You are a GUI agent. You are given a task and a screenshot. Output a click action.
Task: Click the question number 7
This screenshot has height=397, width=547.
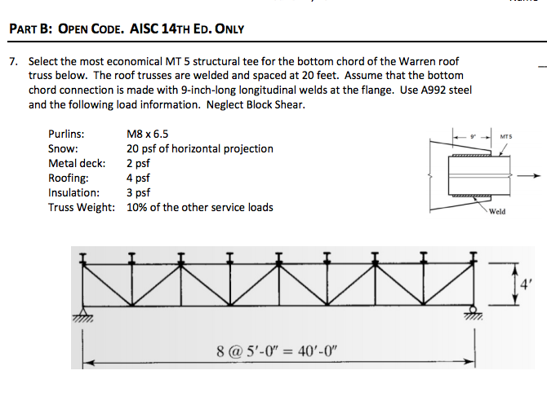pos(12,61)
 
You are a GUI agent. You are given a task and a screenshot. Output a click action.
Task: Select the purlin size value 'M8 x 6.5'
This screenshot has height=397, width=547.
pos(149,134)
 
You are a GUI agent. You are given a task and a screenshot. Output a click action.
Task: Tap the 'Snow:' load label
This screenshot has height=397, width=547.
pos(63,148)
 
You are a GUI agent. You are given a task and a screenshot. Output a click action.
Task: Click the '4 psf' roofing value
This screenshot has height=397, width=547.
pos(138,178)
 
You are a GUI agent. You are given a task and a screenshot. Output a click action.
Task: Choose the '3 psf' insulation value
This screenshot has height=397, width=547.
pos(138,192)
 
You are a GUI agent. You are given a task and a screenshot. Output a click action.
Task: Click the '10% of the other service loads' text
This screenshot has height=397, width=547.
pos(200,207)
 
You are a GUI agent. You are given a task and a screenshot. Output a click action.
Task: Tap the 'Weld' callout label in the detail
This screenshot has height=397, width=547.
pos(497,211)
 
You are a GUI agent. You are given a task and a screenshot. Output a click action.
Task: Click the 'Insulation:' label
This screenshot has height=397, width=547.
pos(74,192)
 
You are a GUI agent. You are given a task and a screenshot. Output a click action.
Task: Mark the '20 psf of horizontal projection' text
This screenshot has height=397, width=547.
pos(200,148)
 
